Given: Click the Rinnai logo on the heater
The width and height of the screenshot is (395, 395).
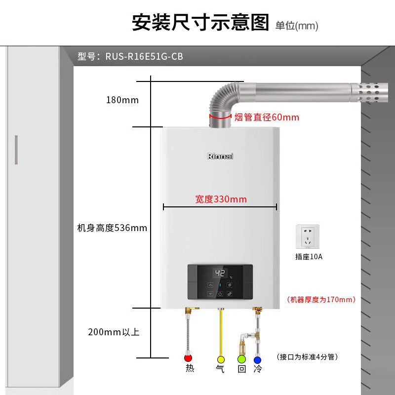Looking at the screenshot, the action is (220, 156).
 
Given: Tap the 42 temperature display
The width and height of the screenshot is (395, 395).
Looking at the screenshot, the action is (220, 273).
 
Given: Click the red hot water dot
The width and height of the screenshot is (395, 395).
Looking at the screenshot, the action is (188, 358).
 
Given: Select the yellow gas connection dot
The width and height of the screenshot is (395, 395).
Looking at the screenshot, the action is (221, 359).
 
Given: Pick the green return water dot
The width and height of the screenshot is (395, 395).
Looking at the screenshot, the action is (241, 359).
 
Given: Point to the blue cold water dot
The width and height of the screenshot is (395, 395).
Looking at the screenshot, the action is (257, 360).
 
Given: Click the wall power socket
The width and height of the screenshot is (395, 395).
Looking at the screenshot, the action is (307, 237).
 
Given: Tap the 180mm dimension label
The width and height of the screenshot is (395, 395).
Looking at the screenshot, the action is (122, 100).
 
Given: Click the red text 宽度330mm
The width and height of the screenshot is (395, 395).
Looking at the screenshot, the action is (221, 199).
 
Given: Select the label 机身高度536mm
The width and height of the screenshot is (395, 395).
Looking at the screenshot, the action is (112, 228).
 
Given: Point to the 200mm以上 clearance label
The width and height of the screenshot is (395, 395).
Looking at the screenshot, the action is (114, 332).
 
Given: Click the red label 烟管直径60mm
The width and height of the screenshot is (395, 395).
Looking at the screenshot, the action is (267, 118).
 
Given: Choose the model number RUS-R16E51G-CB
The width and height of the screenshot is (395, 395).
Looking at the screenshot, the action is (144, 56).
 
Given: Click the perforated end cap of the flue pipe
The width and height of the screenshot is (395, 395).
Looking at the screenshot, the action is (369, 92).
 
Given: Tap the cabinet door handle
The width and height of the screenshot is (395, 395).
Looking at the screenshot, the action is (16, 150).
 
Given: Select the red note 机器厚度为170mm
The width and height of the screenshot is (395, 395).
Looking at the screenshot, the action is (321, 300).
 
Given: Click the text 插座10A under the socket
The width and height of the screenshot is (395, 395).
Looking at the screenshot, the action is (309, 257).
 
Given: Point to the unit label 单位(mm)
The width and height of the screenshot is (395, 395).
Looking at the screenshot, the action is (297, 26).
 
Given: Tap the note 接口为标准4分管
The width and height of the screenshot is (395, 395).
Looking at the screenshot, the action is (307, 356).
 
